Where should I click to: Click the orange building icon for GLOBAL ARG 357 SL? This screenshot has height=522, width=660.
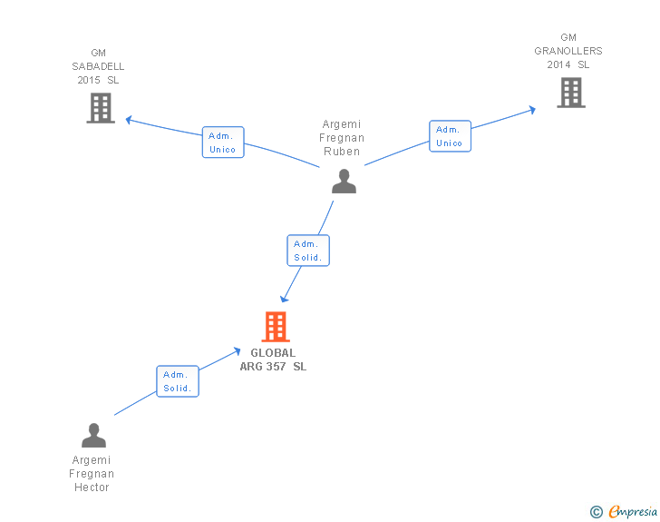[x=276, y=326]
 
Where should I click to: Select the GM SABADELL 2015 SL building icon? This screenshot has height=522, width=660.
[x=101, y=108]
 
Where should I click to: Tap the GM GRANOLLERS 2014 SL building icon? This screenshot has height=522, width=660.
[x=571, y=93]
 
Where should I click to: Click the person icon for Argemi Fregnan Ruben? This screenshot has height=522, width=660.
[x=344, y=181]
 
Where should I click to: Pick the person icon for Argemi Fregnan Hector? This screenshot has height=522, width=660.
[x=94, y=435]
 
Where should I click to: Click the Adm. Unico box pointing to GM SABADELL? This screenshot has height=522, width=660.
[x=223, y=143]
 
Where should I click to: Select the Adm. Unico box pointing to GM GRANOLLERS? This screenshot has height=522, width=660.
[x=450, y=136]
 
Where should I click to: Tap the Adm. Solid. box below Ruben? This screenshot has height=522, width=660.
[x=308, y=251]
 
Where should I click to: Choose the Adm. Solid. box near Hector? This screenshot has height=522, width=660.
[x=178, y=381]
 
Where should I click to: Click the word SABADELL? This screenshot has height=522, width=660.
[x=98, y=66]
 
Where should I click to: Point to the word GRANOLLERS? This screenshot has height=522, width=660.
[x=568, y=51]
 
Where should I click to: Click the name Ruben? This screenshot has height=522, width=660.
[x=342, y=152]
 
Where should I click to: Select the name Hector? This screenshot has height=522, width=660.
[x=92, y=488]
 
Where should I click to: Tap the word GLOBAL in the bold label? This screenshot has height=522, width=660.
[x=273, y=353]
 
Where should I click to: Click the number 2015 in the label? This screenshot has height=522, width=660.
[x=89, y=80]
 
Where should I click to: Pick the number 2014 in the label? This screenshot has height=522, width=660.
[x=558, y=64]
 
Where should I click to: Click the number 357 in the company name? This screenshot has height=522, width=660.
[x=276, y=367]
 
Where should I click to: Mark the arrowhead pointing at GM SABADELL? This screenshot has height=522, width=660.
[x=129, y=120]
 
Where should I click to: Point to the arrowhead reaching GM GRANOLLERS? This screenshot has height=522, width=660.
[x=532, y=110]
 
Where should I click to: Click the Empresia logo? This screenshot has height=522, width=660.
[x=624, y=511]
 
